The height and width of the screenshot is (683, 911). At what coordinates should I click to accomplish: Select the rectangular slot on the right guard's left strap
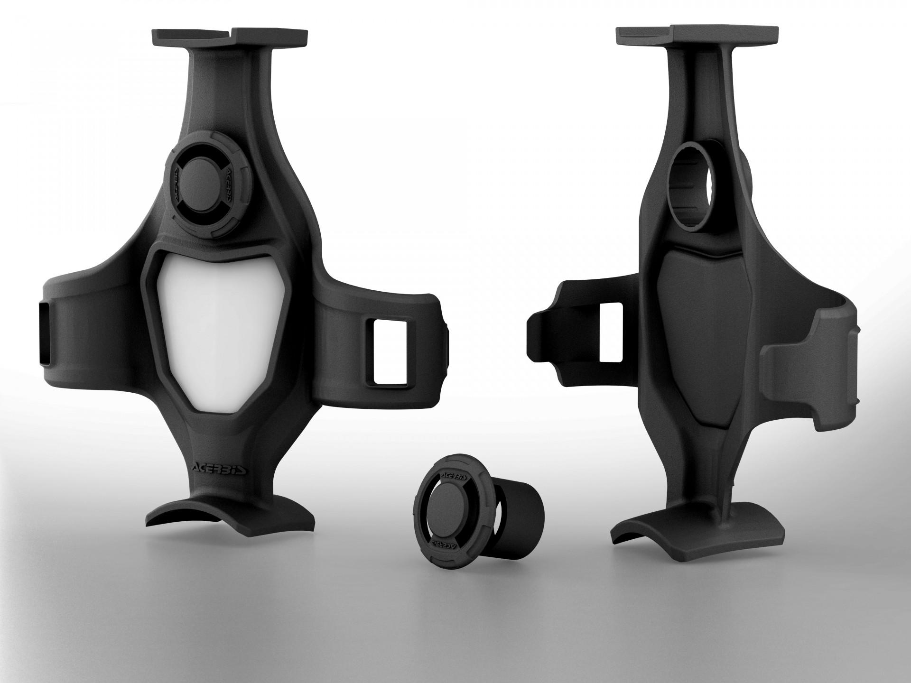pyautogui.click(x=610, y=332)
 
